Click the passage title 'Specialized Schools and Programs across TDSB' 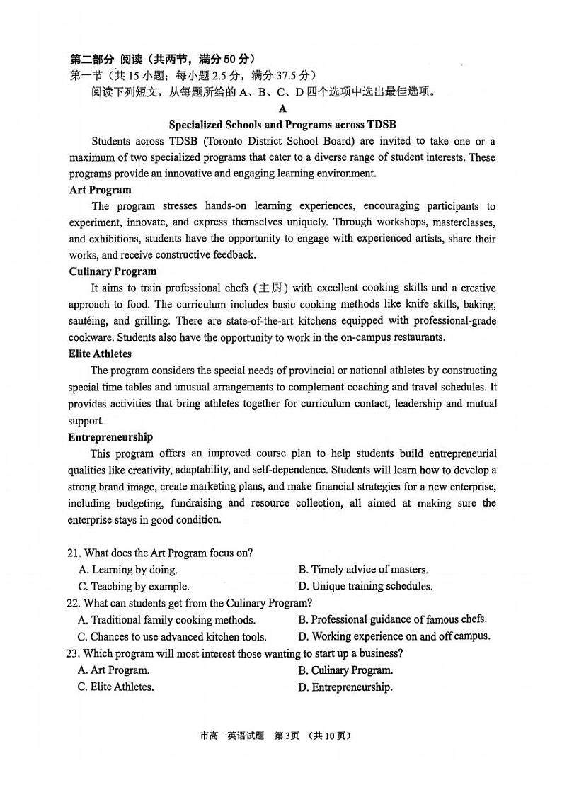(282, 125)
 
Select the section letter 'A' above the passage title (283, 108)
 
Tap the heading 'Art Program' (100, 190)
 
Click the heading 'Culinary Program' (113, 271)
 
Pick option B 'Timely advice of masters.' (363, 570)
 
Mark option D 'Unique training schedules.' (365, 587)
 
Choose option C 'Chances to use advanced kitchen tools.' (172, 637)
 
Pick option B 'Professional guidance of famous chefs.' (393, 620)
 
